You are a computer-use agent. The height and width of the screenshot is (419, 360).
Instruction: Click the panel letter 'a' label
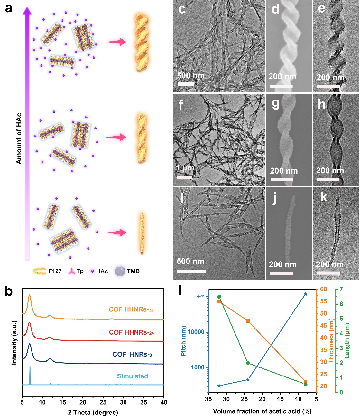9,8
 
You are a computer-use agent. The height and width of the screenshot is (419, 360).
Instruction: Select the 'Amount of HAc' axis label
19,138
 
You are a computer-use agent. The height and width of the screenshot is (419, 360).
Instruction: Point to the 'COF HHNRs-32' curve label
131,309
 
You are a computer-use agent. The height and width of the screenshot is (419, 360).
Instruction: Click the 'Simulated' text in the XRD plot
133,376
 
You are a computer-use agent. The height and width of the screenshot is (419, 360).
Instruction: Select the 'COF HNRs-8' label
132,354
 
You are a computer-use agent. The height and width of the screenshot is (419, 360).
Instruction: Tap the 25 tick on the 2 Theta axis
103,402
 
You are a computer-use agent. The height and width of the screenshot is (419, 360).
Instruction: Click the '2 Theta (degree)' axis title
93,412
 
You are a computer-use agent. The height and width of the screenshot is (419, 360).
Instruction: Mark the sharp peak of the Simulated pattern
30,367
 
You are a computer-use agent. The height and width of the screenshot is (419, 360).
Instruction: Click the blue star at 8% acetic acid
305,294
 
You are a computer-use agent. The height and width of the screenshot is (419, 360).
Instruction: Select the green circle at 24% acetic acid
248,363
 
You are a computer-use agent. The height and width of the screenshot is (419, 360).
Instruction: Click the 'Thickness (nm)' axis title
331,338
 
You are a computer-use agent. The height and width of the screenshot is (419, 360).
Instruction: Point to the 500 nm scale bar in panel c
186,84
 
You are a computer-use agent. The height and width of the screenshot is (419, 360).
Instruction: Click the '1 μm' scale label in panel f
185,168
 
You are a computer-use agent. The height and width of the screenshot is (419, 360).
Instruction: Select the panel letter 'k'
323,197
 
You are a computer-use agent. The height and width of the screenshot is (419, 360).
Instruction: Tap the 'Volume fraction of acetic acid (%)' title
262,411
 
